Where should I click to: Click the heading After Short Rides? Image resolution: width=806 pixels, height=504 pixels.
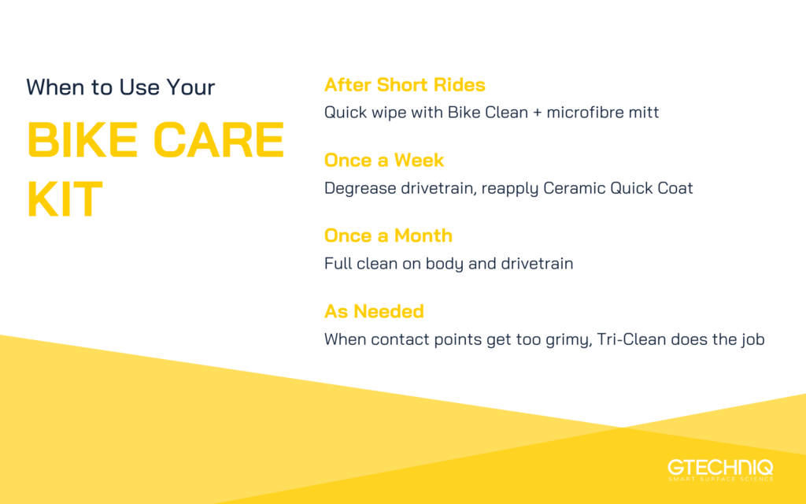point(405,85)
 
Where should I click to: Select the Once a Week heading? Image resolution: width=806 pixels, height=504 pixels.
point(384,161)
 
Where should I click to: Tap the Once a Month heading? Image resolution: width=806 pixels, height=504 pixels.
point(388,235)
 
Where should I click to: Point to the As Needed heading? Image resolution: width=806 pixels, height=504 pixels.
point(374,311)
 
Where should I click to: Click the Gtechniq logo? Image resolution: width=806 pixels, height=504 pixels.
point(720,466)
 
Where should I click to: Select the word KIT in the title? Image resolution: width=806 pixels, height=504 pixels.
point(65,200)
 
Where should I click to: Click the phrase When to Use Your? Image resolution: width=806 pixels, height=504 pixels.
point(120,87)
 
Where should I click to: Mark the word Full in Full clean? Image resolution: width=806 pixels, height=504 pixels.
point(337,264)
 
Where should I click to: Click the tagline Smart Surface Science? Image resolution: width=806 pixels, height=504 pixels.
point(720,478)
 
